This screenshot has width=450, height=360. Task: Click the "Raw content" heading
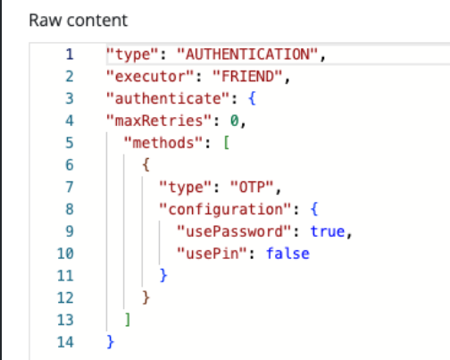pos(79,21)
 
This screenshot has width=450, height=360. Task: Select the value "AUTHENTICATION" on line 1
pos(247,54)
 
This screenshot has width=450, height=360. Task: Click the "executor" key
pos(150,77)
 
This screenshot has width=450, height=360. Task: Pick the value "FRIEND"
pos(247,77)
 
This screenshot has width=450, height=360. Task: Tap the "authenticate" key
pos(168,98)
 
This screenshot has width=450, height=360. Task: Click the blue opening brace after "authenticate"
pos(252,98)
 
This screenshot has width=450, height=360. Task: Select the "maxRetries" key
pos(159,121)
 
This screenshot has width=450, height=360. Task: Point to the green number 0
pos(234,121)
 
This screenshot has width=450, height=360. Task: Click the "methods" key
pos(163,143)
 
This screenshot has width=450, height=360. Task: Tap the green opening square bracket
pos(227,143)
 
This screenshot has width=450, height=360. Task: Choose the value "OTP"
pos(252,187)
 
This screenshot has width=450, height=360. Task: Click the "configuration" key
pos(225,209)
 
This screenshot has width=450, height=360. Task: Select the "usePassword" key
pos(234,231)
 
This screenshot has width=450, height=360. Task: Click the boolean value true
pos(328,231)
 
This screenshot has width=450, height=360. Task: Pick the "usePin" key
pos(212,254)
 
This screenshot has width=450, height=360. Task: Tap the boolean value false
pos(287,254)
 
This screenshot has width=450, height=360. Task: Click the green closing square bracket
pos(128,320)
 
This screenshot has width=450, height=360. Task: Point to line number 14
pos(65,342)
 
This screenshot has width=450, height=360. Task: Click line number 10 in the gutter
pos(65,254)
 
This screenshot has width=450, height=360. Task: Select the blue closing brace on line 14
pos(110,342)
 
